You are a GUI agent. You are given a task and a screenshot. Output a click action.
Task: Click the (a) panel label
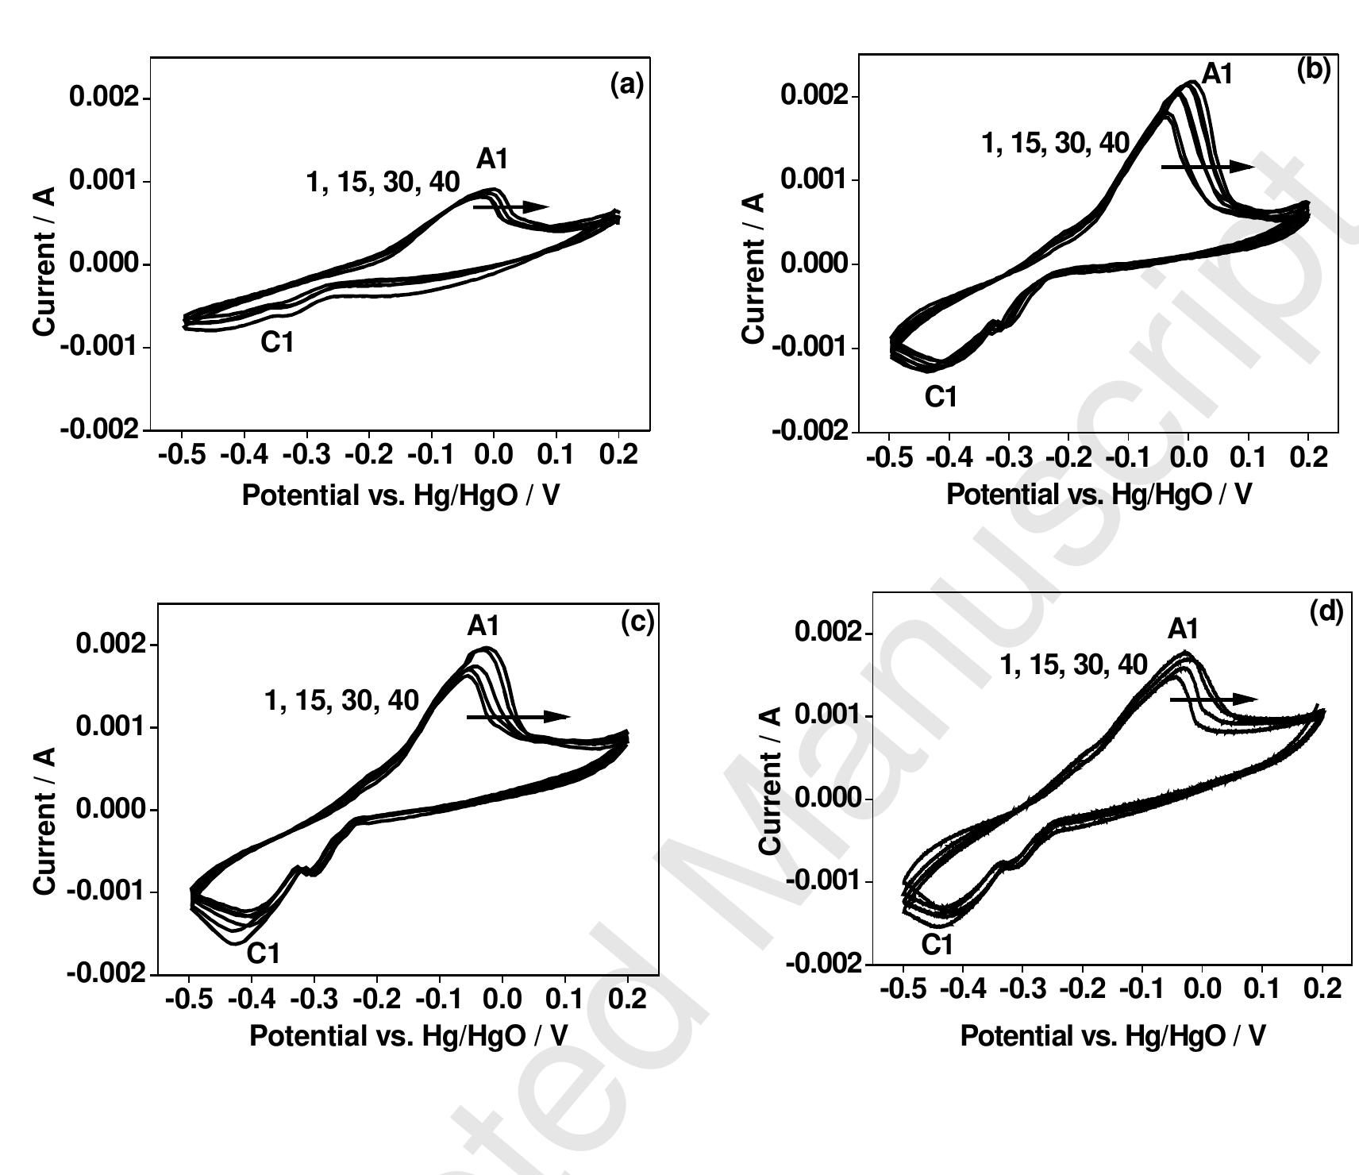click(x=626, y=84)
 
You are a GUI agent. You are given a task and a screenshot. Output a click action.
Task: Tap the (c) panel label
click(x=637, y=623)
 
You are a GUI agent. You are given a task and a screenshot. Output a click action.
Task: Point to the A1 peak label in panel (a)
click(x=491, y=160)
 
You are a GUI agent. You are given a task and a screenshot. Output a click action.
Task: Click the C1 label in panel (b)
click(x=941, y=397)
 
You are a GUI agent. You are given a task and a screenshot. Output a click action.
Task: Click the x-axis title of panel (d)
click(x=1112, y=1035)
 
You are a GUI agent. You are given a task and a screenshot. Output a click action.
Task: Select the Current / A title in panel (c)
click(x=45, y=810)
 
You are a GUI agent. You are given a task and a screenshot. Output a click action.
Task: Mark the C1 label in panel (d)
click(x=937, y=945)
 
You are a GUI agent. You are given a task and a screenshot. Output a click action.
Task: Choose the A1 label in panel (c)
click(x=483, y=627)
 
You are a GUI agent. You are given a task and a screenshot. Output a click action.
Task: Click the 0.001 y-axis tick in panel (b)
click(x=814, y=180)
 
